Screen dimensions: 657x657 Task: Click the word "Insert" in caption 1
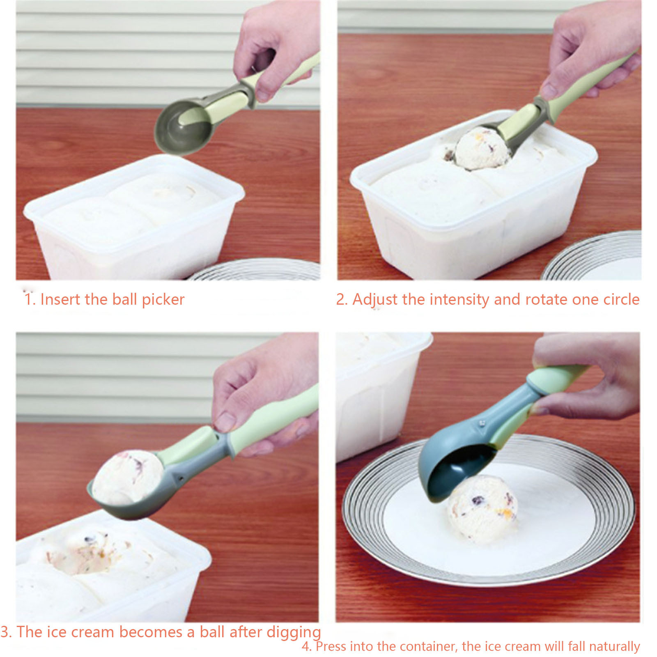(60, 299)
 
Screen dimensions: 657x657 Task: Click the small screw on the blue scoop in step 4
(482, 422)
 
